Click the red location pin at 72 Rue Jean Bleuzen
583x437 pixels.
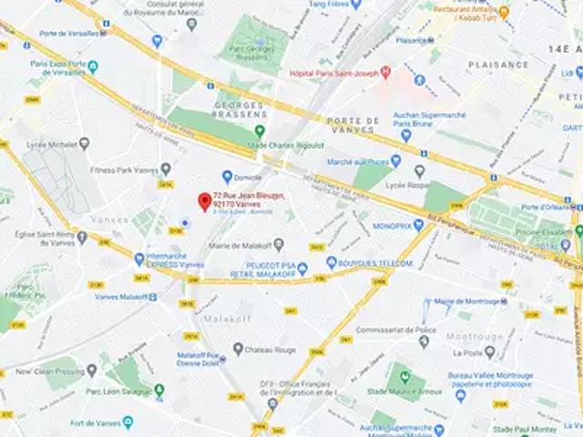click(x=204, y=201)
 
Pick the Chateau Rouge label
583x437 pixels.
click(x=269, y=349)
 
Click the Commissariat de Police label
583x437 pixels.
click(x=395, y=330)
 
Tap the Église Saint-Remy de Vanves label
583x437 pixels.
click(x=41, y=238)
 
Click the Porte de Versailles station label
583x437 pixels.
click(x=68, y=34)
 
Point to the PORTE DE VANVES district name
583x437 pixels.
click(x=340, y=126)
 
